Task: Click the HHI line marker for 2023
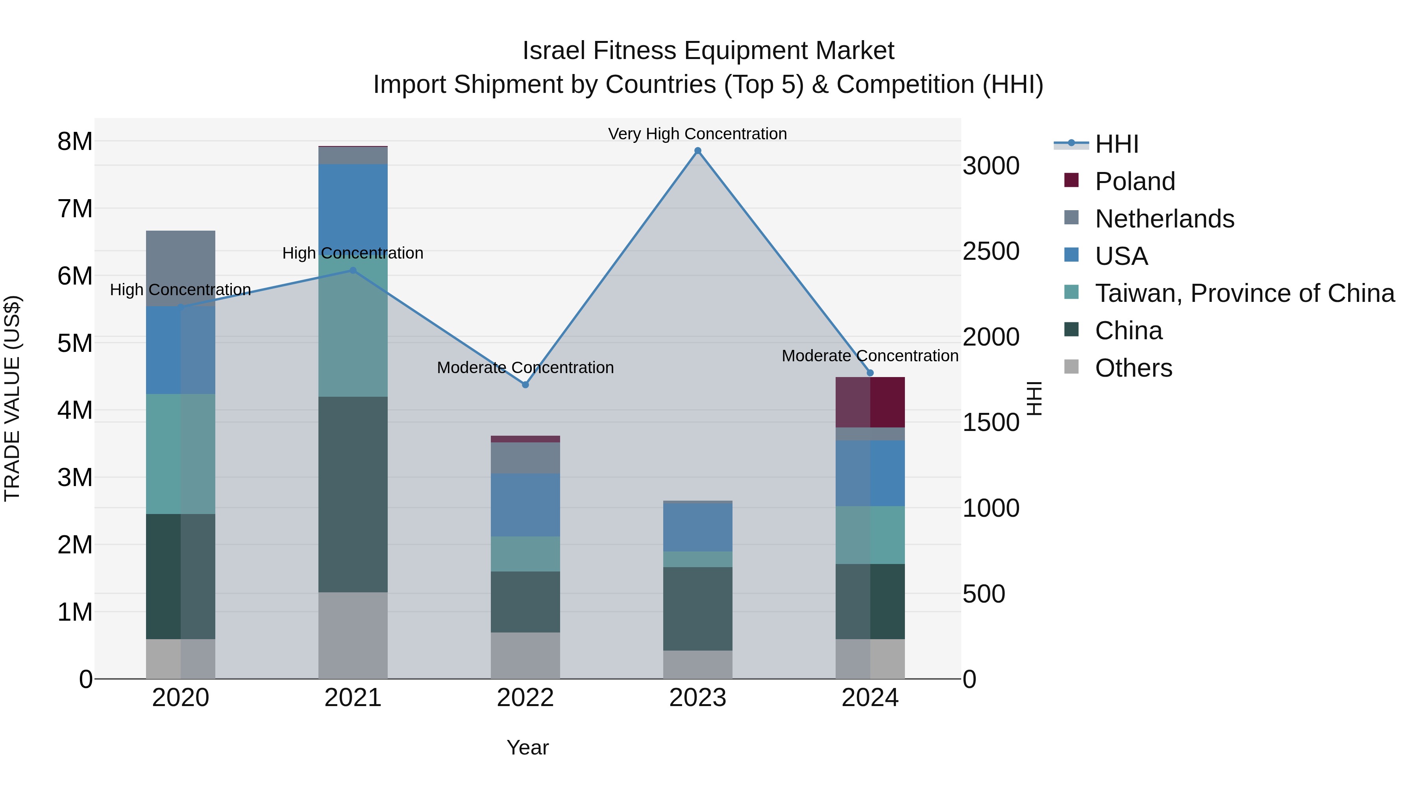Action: coord(697,151)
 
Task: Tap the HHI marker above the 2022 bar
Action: coord(525,385)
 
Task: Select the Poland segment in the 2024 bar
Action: coord(870,402)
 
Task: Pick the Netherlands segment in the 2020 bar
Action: coord(180,268)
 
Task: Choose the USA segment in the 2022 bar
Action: coord(525,505)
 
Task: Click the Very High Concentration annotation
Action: coord(697,134)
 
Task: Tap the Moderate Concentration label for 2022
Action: coord(525,368)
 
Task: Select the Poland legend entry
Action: coord(1134,181)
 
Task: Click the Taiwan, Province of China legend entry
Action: coord(1244,293)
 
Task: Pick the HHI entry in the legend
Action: coord(1116,144)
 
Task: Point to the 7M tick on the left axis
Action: coord(75,209)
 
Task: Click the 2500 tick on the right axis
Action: coord(991,251)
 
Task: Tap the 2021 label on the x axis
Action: coord(353,698)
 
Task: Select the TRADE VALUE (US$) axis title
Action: coord(12,398)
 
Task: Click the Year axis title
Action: coord(527,747)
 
